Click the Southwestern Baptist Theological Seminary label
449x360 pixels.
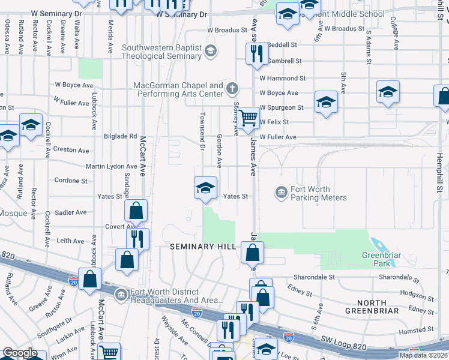tap(161, 52)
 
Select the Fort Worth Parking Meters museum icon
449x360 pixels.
tap(281, 193)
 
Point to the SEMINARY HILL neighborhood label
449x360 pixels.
tap(200, 247)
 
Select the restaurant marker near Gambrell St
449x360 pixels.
tap(256, 53)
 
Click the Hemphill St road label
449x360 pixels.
tap(439, 172)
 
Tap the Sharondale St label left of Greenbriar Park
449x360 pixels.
tap(313, 277)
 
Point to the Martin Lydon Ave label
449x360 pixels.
tap(111, 166)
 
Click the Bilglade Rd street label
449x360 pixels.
tap(120, 136)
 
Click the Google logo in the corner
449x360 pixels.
tap(19, 353)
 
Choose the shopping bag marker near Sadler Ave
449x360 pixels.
tap(136, 210)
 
